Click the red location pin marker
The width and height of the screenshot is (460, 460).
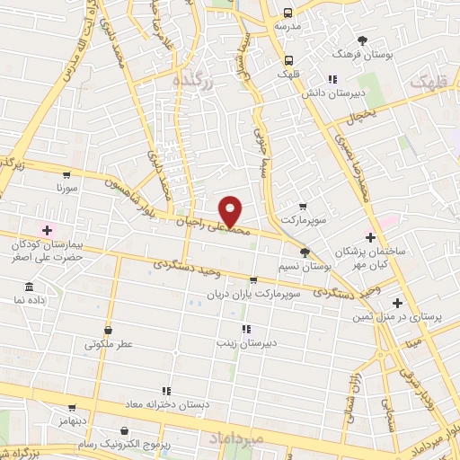pos(231,210)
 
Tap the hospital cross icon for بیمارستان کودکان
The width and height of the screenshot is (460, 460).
pos(47,231)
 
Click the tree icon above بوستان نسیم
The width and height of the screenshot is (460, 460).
pos(305,253)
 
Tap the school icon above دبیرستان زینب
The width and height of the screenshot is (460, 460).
pos(246,329)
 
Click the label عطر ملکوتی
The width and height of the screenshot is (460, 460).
pos(109,343)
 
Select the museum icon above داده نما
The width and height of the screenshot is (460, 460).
pos(29,287)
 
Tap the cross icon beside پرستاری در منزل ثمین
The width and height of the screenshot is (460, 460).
pos(397,303)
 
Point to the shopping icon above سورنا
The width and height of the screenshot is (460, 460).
pos(66,175)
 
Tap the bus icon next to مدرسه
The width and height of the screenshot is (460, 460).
pos(287,13)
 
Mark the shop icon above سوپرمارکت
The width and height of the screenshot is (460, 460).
pos(301,206)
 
